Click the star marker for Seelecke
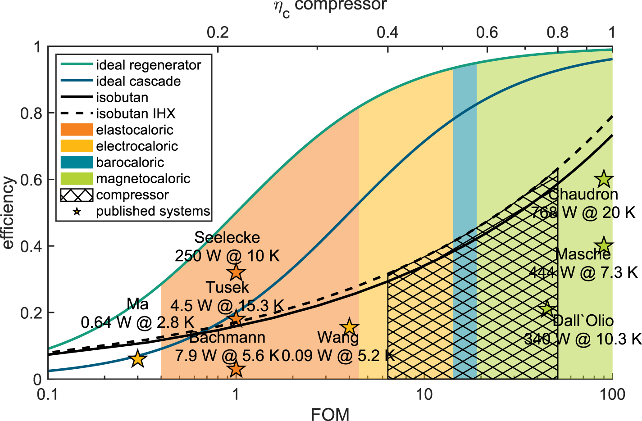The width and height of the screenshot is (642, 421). pyautogui.click(x=236, y=272)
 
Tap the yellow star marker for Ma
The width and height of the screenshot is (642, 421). pyautogui.click(x=138, y=359)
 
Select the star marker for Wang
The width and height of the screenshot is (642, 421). pyautogui.click(x=349, y=327)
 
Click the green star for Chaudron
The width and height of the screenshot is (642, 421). pyautogui.click(x=604, y=179)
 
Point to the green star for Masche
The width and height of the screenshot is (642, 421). pyautogui.click(x=604, y=246)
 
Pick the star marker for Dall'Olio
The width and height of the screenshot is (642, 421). pyautogui.click(x=547, y=309)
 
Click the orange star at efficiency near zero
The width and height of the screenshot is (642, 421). pyautogui.click(x=236, y=369)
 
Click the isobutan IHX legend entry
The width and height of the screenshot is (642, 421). pyautogui.click(x=135, y=113)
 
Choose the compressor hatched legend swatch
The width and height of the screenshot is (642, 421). pyautogui.click(x=77, y=195)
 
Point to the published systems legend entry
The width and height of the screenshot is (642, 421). pyautogui.click(x=153, y=211)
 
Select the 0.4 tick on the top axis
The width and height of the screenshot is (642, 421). pyautogui.click(x=387, y=32)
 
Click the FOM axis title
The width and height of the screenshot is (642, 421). pyautogui.click(x=330, y=414)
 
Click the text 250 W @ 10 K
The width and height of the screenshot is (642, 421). pyautogui.click(x=227, y=256)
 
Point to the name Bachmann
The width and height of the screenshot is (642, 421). pyautogui.click(x=227, y=337)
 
